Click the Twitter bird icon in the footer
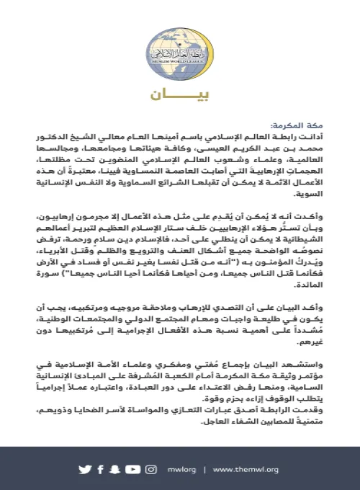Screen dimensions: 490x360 85,470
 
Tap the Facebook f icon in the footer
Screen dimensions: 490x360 101,470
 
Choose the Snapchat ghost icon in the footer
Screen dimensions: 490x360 114,470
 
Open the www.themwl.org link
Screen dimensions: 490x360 246,470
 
